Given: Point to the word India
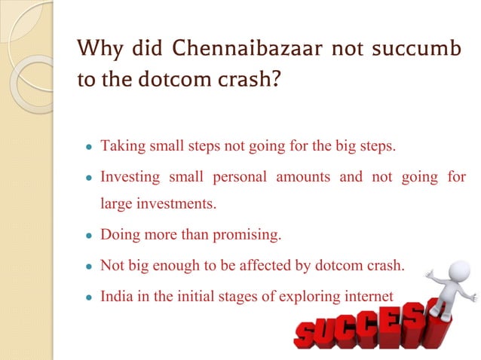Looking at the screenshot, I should point(117,297).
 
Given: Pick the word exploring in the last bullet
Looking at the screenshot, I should point(308,297).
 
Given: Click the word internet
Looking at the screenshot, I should point(367,297).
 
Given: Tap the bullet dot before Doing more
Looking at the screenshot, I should point(88,235).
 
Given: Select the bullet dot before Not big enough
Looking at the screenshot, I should point(88,267).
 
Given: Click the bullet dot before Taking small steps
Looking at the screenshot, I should point(88,146).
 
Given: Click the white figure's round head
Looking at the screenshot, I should point(452,270).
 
